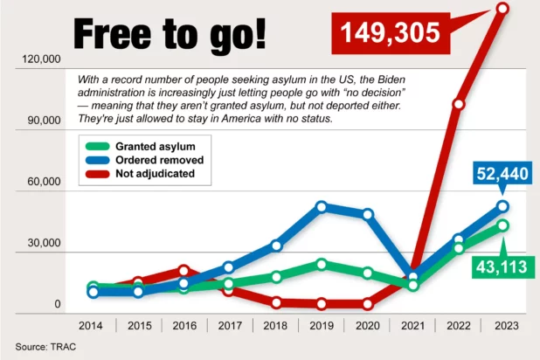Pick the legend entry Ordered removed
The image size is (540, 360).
click(x=159, y=160)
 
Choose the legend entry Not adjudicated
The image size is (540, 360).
click(x=155, y=174)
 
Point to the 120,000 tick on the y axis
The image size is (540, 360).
click(x=42, y=59)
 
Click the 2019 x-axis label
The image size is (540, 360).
click(x=322, y=326)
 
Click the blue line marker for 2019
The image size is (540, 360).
click(x=322, y=207)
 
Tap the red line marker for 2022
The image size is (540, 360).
click(x=459, y=104)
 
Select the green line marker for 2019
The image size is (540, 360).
click(x=322, y=264)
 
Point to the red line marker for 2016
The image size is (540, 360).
click(x=184, y=271)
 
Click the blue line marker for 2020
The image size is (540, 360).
click(x=368, y=214)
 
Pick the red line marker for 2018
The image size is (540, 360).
click(x=276, y=302)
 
